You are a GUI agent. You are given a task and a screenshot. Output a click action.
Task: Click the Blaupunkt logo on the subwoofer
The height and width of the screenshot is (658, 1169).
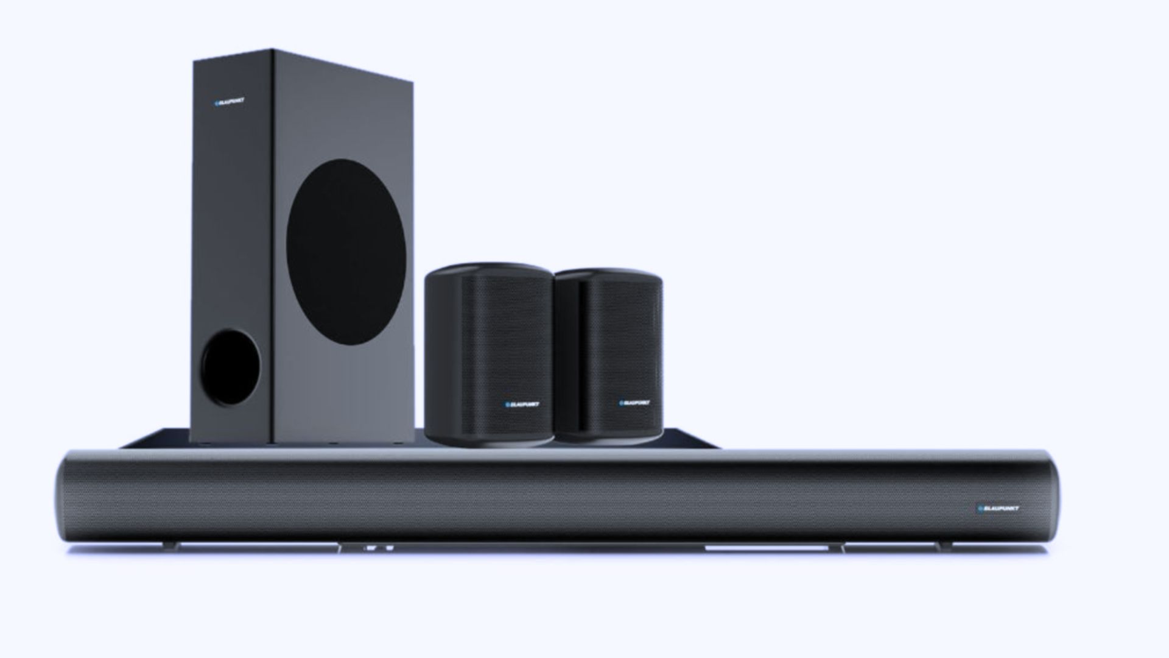pos(230,102)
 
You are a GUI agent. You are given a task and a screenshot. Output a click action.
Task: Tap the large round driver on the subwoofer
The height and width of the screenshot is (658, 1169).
pos(346,252)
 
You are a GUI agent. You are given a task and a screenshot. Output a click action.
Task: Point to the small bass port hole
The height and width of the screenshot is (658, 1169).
pos(231,367)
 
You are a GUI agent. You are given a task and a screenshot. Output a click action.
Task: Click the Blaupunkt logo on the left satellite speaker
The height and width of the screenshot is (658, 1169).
pos(522,403)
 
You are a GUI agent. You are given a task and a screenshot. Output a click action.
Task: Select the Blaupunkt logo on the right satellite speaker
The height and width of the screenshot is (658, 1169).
pos(634,402)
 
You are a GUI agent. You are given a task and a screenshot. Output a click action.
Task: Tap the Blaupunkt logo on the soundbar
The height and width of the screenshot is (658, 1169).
pos(998,508)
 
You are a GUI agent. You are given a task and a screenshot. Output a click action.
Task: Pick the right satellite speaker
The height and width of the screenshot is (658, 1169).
pos(609,356)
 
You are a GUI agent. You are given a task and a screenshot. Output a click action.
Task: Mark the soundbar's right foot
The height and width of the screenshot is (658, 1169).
pos(943,547)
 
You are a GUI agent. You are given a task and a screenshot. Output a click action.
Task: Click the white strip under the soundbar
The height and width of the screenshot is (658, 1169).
pos(767,548)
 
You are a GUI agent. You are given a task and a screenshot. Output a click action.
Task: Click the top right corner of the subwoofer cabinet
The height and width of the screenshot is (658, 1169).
pos(411,82)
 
